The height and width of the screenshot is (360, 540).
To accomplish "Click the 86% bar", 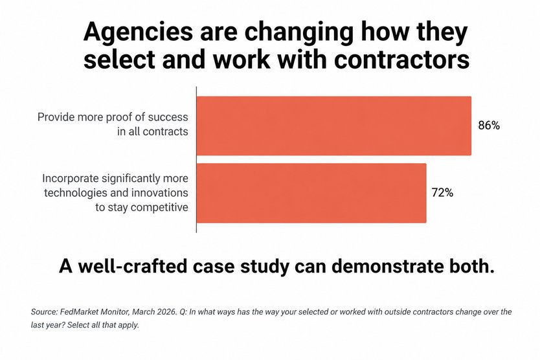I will click(x=333, y=126).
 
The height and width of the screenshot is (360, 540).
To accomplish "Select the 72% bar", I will click(x=311, y=193).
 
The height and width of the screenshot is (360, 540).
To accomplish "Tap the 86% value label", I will click(x=489, y=126).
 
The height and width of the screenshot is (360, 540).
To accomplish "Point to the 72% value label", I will click(x=443, y=193).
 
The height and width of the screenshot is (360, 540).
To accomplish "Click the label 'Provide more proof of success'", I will click(x=113, y=118).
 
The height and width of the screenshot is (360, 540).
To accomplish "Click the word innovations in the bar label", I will click(x=160, y=193).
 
